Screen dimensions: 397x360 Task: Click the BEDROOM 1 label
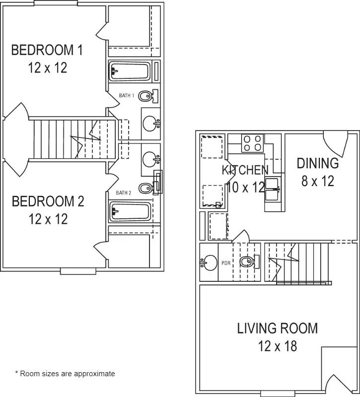(47, 50)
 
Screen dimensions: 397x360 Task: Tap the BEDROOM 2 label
(48, 201)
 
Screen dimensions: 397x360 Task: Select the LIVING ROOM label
(277, 328)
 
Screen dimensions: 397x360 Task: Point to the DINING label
(318, 163)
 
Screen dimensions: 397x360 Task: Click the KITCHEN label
(245, 170)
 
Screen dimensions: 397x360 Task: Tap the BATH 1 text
(126, 95)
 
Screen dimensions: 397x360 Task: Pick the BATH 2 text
(123, 193)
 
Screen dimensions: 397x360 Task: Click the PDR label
(226, 263)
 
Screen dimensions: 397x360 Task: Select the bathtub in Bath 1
(129, 71)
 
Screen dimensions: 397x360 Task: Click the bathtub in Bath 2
(129, 212)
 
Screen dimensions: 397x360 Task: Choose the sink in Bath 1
(149, 122)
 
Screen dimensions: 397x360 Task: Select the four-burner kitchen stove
(252, 143)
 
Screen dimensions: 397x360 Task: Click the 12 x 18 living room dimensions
(277, 346)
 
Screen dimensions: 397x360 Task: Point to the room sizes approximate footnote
(65, 374)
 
